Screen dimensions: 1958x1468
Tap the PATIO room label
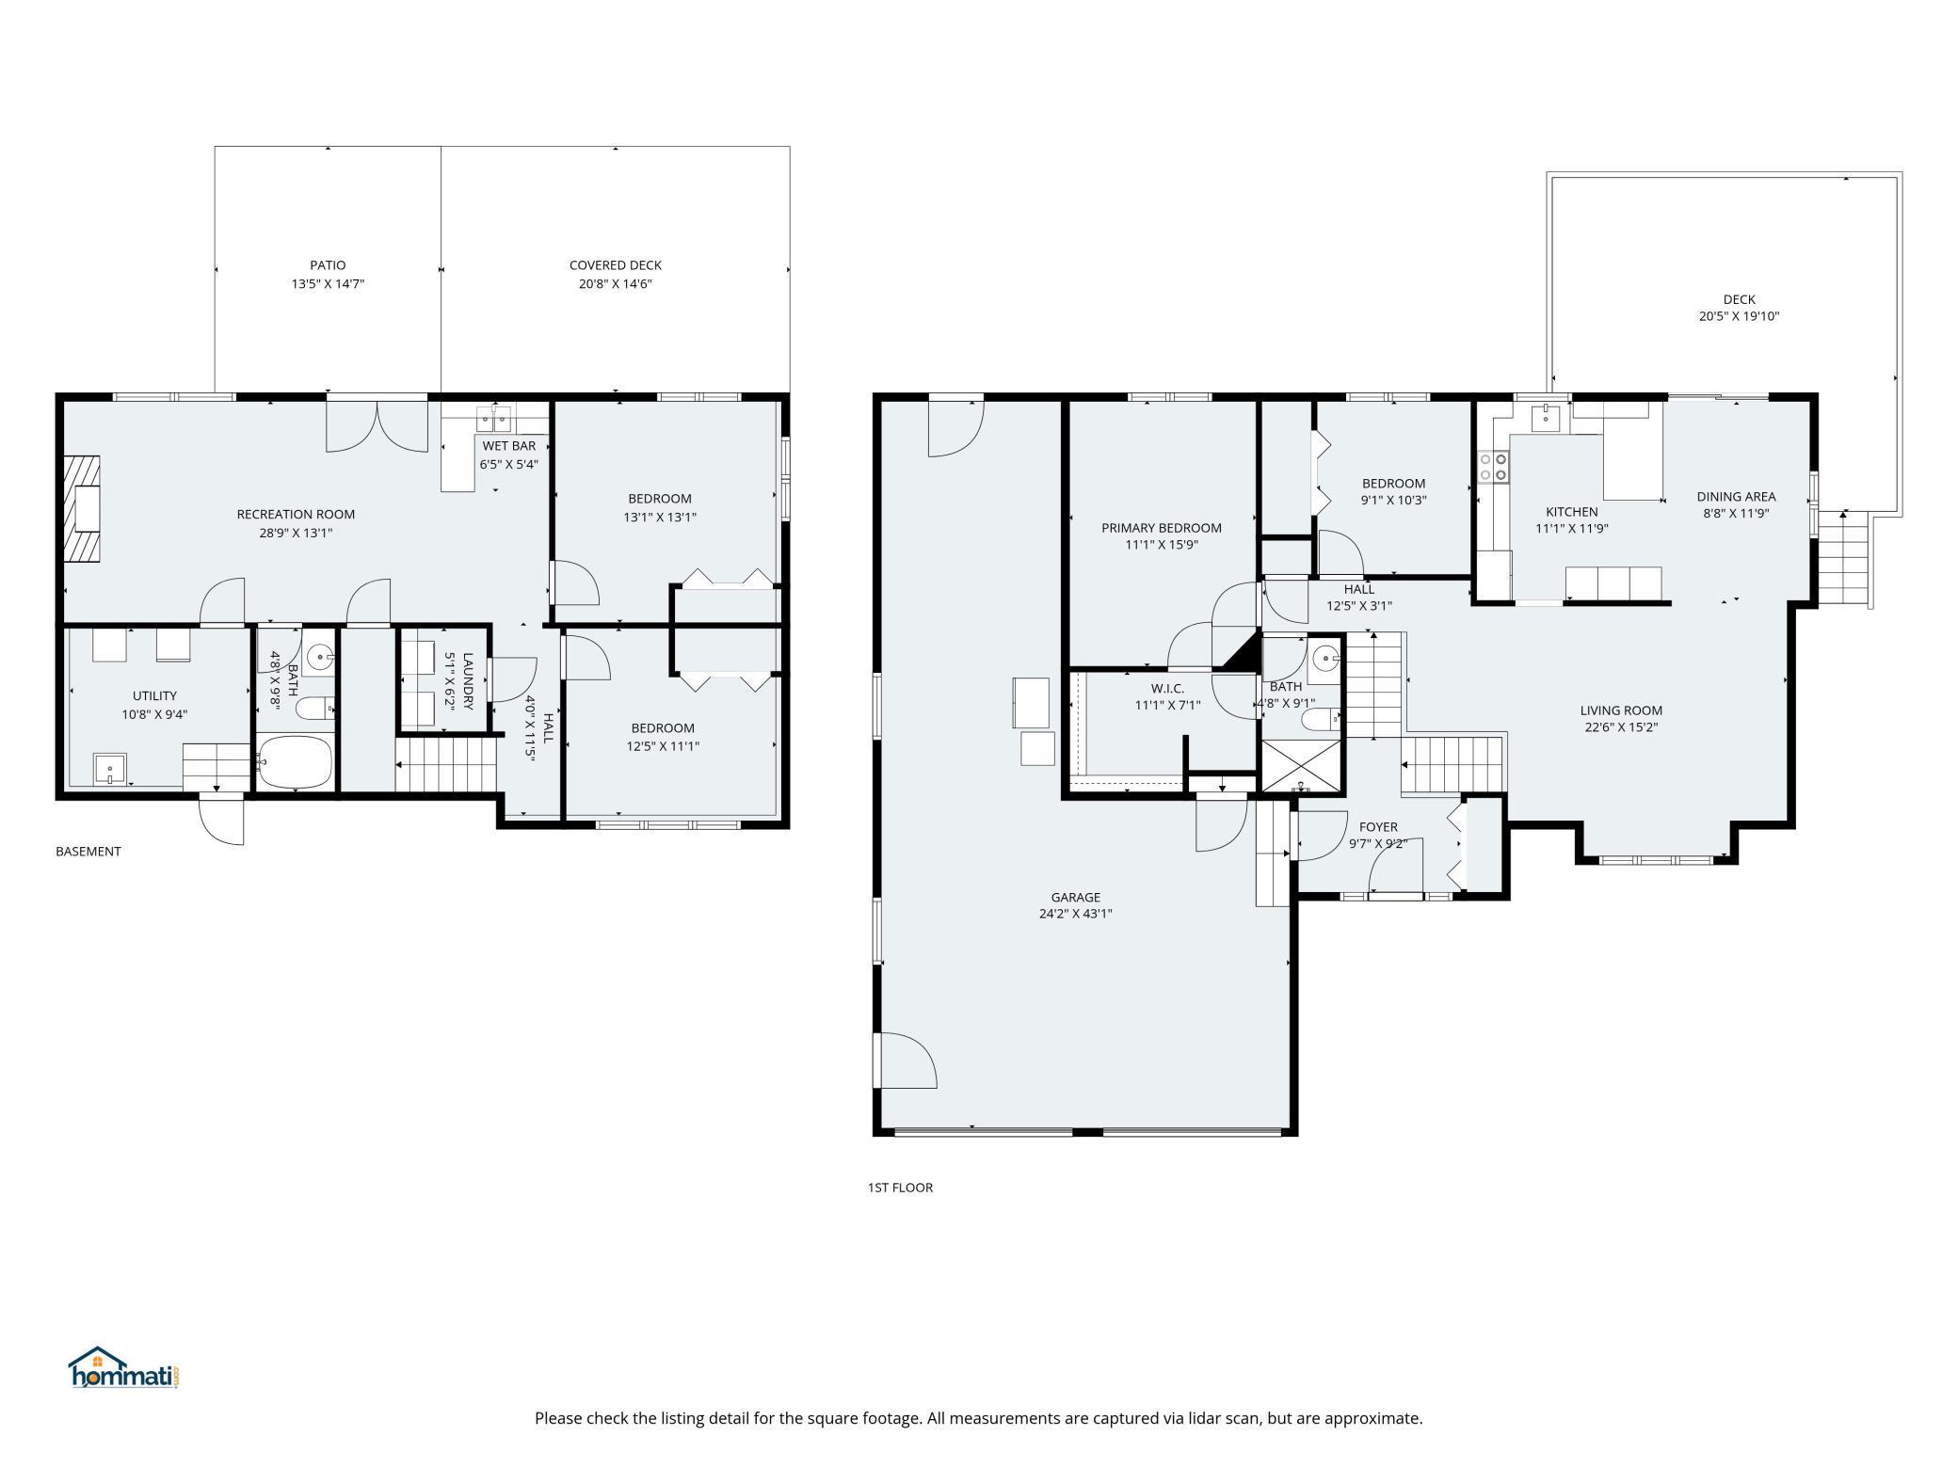[x=328, y=265]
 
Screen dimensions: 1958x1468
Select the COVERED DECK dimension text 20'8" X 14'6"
[x=616, y=283]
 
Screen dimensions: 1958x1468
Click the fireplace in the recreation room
[x=82, y=509]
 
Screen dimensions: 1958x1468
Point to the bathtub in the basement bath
[x=295, y=762]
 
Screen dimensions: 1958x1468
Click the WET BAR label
[x=509, y=446]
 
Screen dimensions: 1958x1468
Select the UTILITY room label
[x=154, y=695]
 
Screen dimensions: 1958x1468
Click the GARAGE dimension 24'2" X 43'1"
[x=1075, y=913]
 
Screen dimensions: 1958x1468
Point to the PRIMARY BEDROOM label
[x=1162, y=528]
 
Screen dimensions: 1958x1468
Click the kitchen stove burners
[x=1493, y=467]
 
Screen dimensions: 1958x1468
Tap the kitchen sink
[x=1546, y=416]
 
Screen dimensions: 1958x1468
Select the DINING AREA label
[x=1736, y=496]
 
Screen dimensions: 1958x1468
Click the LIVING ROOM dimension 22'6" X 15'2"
[x=1621, y=726]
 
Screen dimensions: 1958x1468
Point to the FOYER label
[x=1378, y=827]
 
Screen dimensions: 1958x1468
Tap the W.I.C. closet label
[x=1167, y=689]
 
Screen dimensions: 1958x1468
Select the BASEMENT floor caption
[x=88, y=852]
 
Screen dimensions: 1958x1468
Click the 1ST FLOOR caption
[x=900, y=1188]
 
